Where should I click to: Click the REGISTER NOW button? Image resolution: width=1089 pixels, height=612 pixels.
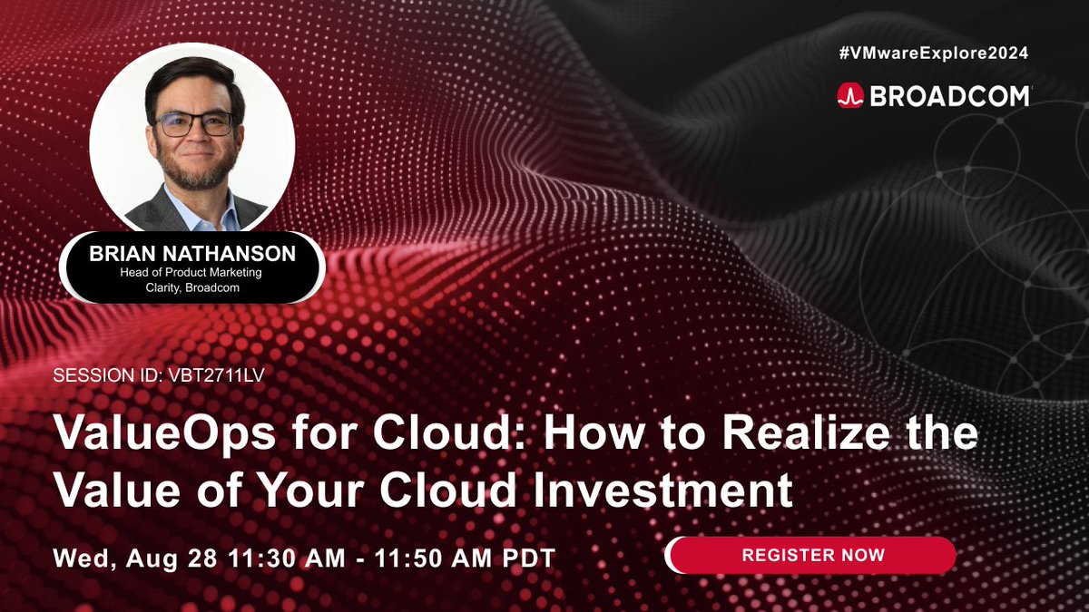[811, 554]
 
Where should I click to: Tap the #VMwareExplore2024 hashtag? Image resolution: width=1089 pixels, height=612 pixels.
[933, 53]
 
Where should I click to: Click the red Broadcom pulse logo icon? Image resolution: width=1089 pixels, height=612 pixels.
[850, 96]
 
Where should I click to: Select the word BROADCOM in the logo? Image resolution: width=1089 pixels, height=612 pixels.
[949, 96]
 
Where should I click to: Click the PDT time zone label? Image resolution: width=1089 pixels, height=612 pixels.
[527, 556]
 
